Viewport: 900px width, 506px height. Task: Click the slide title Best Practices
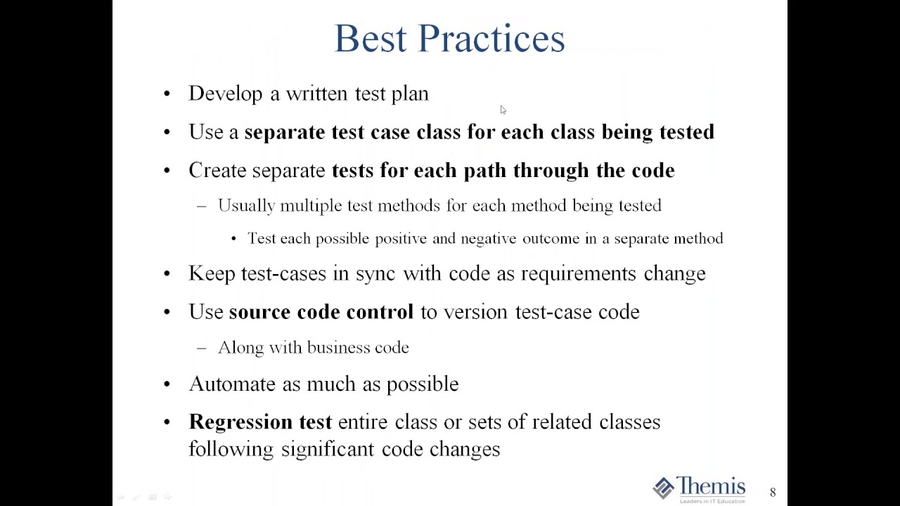tap(449, 39)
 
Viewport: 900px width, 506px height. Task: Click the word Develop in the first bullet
tap(225, 93)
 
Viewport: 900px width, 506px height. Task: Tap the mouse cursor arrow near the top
tap(503, 110)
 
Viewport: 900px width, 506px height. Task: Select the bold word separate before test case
tap(284, 132)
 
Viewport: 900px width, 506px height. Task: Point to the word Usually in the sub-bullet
tap(246, 205)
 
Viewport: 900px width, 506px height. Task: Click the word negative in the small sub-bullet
tap(488, 239)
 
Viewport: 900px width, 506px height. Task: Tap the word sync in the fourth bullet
tap(375, 273)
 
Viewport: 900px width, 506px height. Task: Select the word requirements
tap(578, 273)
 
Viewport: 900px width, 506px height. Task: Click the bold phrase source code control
tap(321, 312)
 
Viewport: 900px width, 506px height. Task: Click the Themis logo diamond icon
tap(663, 488)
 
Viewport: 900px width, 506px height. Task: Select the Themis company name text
tap(711, 486)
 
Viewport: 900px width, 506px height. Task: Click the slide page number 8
tap(773, 493)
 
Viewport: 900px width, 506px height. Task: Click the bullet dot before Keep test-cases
tap(167, 273)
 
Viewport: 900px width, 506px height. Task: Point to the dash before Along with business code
tap(202, 348)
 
